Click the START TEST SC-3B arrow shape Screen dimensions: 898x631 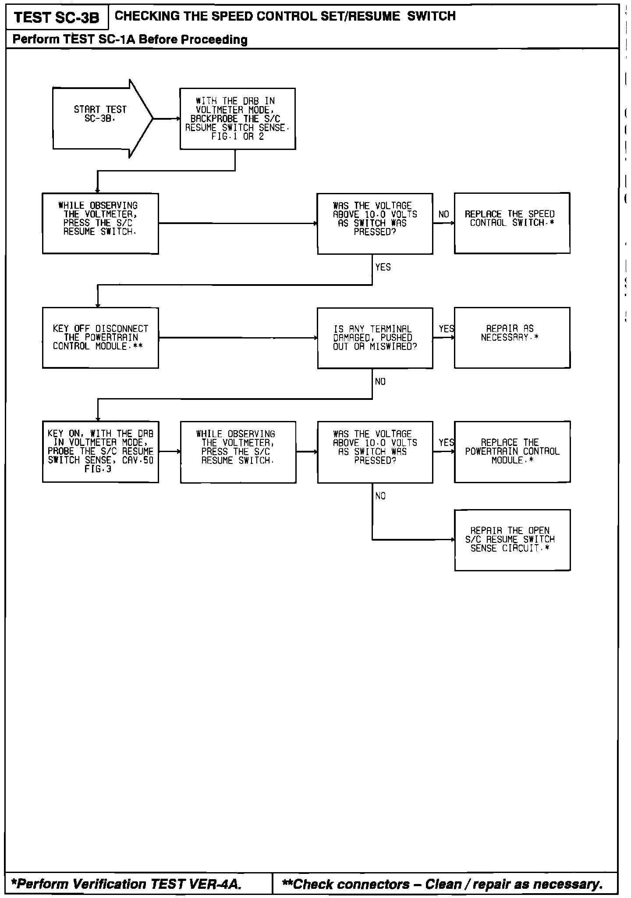[101, 118]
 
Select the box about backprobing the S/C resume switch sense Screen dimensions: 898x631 [238, 119]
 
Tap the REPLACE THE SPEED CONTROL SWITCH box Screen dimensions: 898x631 [512, 223]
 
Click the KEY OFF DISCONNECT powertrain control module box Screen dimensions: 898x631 [100, 338]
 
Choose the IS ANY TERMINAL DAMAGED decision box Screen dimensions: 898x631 [375, 338]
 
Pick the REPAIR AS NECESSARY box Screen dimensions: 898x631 [512, 338]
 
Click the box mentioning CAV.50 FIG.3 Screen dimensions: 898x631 [100, 452]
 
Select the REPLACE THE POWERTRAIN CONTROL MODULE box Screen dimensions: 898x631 [512, 452]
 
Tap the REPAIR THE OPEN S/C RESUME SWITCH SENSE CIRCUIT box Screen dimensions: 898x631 [512, 540]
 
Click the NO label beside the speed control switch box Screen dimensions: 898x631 [443, 214]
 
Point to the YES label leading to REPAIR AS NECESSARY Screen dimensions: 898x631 [446, 329]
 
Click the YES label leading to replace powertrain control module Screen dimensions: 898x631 [446, 443]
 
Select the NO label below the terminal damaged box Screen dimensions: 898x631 [380, 382]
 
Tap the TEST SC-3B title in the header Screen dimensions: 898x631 [57, 18]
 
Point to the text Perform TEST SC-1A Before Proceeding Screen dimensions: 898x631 [130, 39]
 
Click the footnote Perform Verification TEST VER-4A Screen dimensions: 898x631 [127, 884]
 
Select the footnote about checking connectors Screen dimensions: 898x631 [443, 884]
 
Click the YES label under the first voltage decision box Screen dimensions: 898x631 [383, 267]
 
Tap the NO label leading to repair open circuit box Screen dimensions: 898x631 [380, 496]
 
